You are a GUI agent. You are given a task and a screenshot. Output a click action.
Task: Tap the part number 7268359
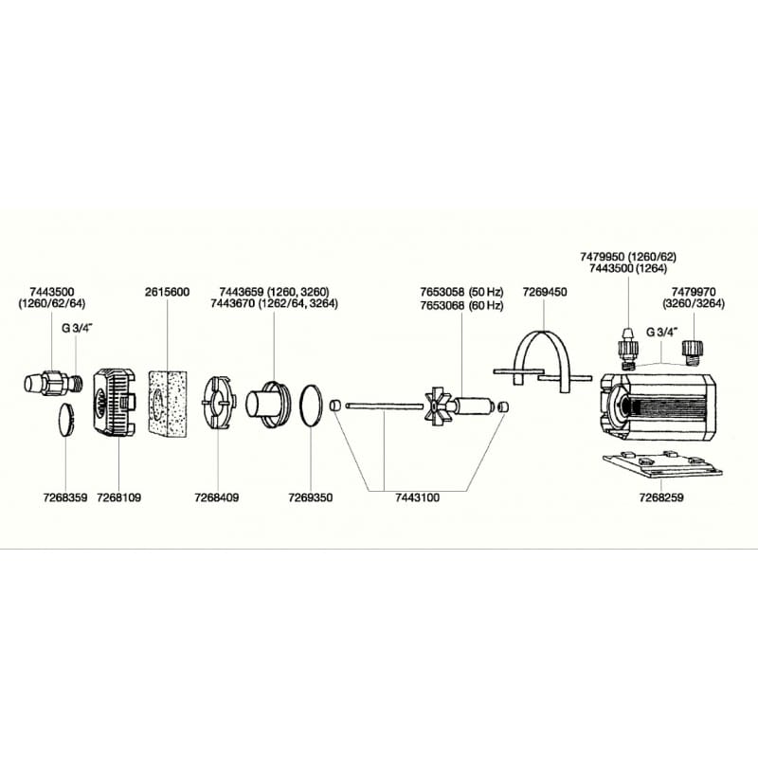tap(64, 496)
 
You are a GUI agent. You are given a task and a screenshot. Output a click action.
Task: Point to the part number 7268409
tap(217, 496)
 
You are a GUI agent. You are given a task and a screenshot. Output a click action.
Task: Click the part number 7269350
tap(310, 496)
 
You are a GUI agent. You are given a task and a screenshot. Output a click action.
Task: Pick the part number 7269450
tap(545, 292)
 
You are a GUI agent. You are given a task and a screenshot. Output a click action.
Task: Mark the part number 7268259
tap(662, 496)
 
